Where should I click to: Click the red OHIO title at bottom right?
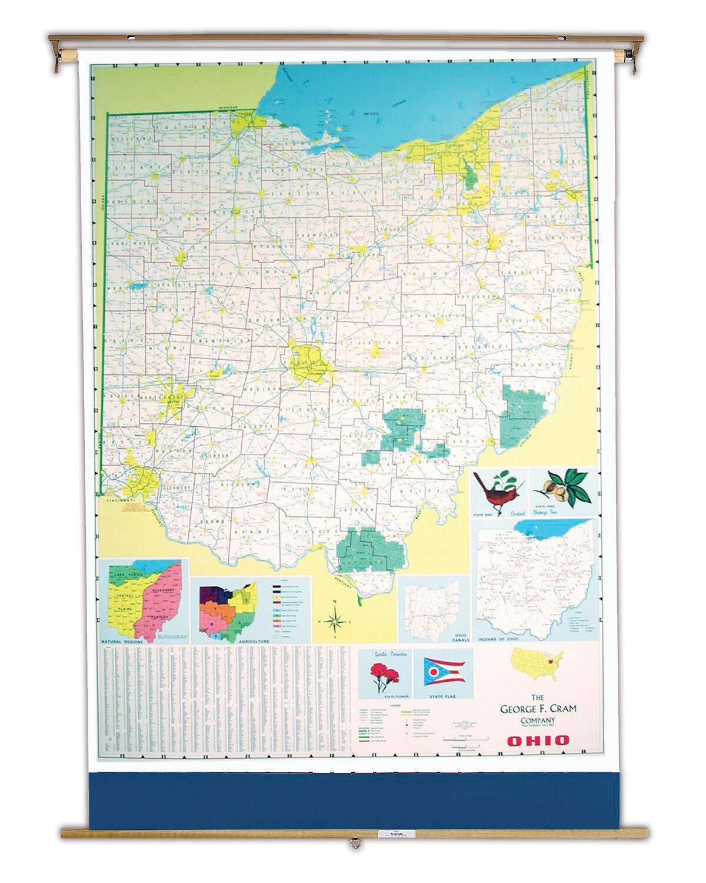538,740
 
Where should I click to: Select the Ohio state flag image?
442,672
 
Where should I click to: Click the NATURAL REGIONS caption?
122,642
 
